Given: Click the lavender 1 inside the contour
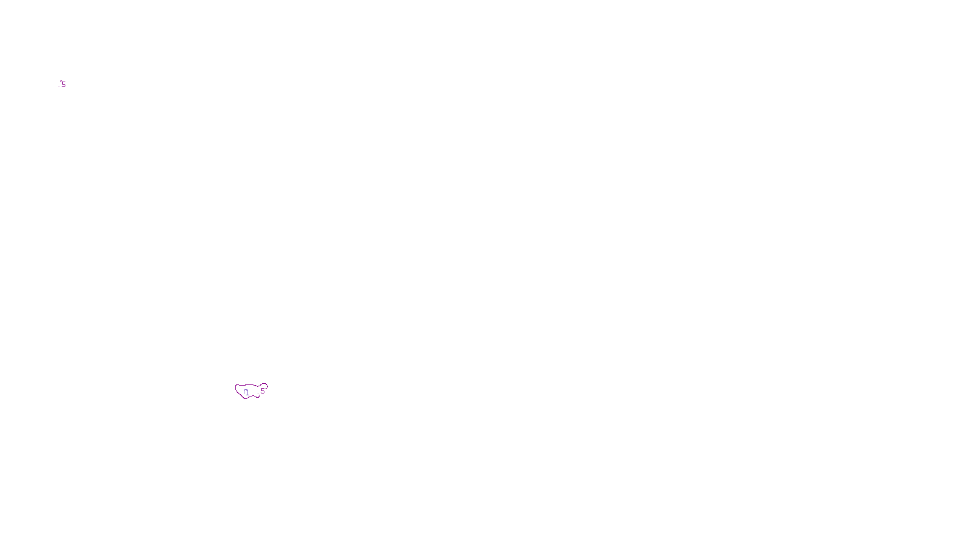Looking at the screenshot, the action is point(247,393).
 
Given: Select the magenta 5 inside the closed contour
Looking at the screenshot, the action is point(263,391).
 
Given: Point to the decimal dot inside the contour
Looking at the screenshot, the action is point(245,392).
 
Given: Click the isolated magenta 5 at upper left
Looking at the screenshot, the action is point(64,85).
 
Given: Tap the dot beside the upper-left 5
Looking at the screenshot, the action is point(60,82).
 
